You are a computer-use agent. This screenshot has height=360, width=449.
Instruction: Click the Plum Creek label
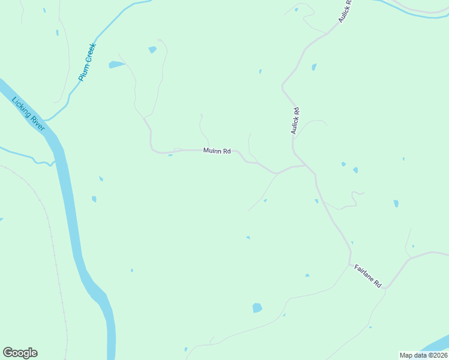(x=87, y=62)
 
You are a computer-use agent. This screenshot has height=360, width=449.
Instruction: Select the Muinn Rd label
(x=217, y=151)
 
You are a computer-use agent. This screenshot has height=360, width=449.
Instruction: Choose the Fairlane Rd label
(x=367, y=276)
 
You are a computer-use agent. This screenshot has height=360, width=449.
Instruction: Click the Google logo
(x=20, y=353)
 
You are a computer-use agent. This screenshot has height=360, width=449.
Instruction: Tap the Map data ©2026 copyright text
(x=423, y=355)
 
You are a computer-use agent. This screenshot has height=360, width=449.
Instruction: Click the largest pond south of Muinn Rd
(x=258, y=308)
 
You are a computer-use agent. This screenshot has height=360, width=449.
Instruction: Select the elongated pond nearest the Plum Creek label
(x=116, y=64)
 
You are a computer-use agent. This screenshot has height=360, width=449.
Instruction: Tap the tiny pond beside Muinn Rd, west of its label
(x=170, y=155)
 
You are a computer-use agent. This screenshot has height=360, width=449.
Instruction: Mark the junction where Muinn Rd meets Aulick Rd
(x=306, y=165)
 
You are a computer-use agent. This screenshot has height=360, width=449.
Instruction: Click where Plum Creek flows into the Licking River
(x=46, y=121)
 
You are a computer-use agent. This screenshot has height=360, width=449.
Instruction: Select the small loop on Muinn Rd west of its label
(x=177, y=149)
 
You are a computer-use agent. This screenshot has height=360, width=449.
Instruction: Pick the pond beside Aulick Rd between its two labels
(x=313, y=67)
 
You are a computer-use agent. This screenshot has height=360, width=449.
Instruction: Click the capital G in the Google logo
(x=8, y=353)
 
